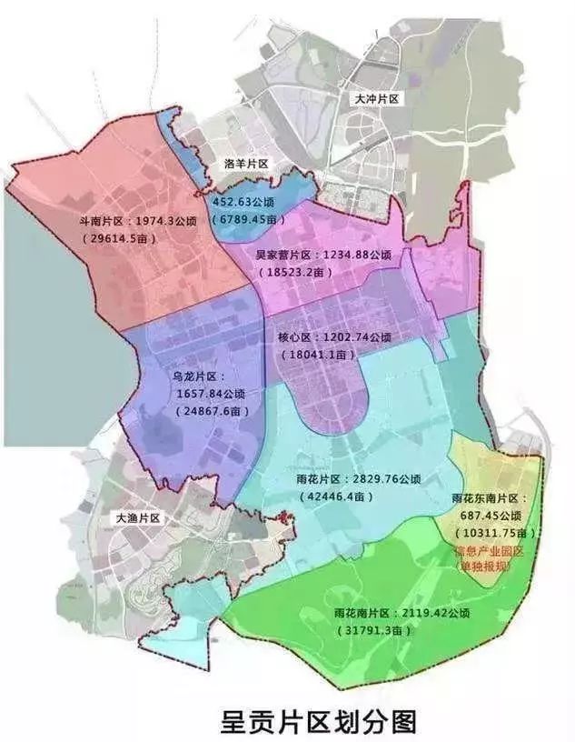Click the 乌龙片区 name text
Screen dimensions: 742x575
click(x=195, y=375)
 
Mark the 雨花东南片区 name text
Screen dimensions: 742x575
click(x=495, y=499)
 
